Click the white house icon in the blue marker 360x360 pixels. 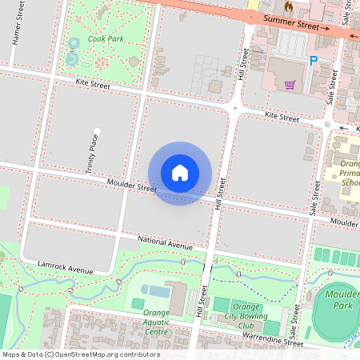(180, 172)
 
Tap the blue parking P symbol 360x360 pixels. (313, 61)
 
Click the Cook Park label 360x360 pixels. (106, 38)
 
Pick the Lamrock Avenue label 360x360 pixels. (66, 266)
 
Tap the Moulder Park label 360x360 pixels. (342, 299)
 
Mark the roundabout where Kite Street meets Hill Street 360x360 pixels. (235, 107)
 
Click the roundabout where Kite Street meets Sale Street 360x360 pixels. (328, 125)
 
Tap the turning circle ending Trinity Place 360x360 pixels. (98, 130)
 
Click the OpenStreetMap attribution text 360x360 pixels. (80, 354)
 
